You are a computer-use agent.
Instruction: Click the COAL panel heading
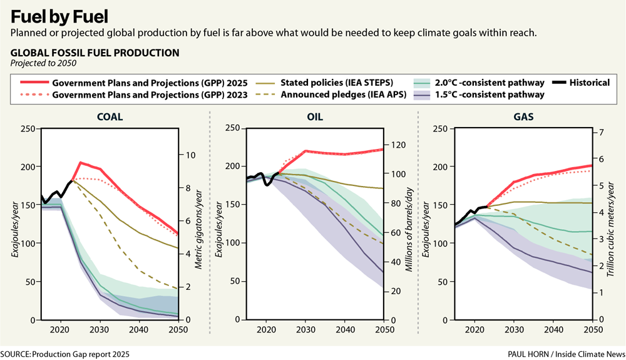pyautogui.click(x=110, y=117)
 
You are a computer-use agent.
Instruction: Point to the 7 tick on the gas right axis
pyautogui.click(x=599, y=133)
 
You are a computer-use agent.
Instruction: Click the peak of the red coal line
pyautogui.click(x=80, y=162)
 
